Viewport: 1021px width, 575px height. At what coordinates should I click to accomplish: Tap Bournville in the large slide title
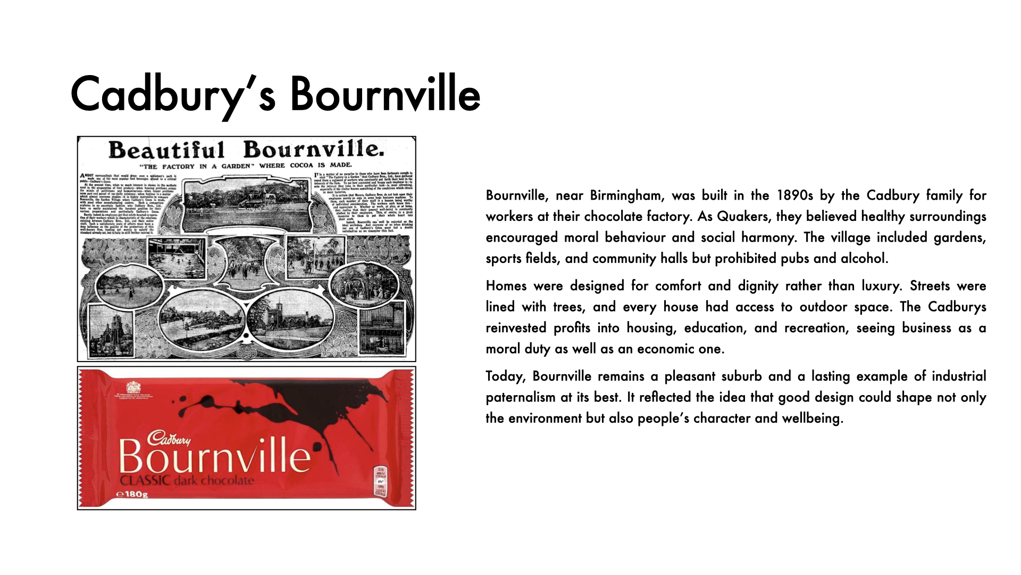pyautogui.click(x=384, y=94)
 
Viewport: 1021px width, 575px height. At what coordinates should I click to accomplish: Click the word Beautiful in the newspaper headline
pyautogui.click(x=166, y=150)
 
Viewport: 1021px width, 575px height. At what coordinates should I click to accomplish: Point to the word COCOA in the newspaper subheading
pyautogui.click(x=302, y=165)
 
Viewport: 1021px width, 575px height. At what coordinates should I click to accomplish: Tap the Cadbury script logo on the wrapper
pyautogui.click(x=169, y=438)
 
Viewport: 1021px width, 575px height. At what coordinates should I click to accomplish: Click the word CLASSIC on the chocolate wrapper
pyautogui.click(x=145, y=481)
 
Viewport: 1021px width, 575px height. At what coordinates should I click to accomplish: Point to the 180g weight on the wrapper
pyautogui.click(x=132, y=495)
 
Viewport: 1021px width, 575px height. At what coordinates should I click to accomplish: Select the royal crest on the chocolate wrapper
pyautogui.click(x=133, y=387)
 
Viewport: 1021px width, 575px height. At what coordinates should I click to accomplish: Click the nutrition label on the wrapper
pyautogui.click(x=381, y=481)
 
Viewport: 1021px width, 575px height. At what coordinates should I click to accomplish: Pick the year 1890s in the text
pyautogui.click(x=794, y=195)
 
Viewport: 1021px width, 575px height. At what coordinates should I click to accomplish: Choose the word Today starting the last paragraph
pyautogui.click(x=505, y=376)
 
